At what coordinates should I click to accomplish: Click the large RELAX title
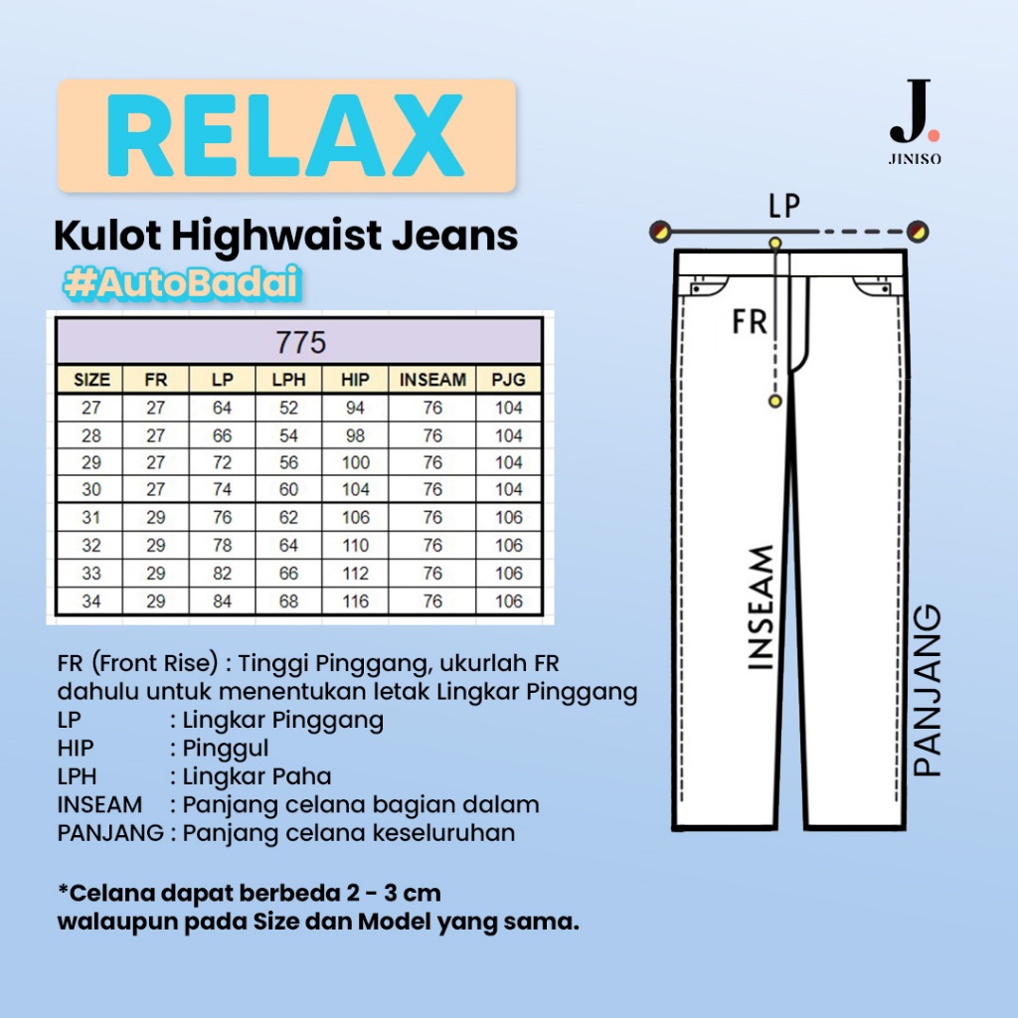[x=286, y=136]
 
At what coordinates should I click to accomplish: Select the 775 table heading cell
[x=298, y=343]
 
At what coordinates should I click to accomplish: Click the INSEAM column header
[x=432, y=380]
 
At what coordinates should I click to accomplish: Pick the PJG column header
[x=509, y=380]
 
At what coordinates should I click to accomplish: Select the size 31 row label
[x=91, y=518]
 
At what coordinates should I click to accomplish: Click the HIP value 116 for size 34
[x=355, y=601]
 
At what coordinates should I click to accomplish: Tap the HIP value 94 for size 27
[x=355, y=408]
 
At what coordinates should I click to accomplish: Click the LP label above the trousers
[x=784, y=206]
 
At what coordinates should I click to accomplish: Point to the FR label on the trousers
[x=750, y=321]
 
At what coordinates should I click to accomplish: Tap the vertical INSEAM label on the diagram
[x=761, y=606]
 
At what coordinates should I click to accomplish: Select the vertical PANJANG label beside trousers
[x=927, y=691]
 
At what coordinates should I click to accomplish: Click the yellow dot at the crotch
[x=774, y=400]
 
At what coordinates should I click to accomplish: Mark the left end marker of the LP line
[x=658, y=232]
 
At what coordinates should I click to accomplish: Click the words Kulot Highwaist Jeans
[x=285, y=237]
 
